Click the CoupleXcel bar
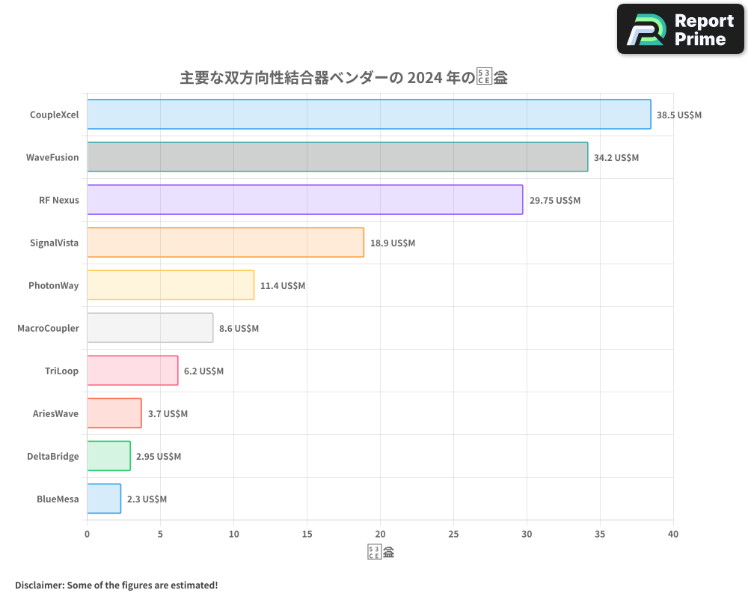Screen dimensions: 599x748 [369, 115]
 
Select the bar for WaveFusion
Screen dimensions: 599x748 [337, 157]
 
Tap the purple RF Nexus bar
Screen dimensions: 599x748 [305, 200]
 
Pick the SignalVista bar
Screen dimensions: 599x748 [225, 243]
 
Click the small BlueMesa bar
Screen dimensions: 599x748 [104, 499]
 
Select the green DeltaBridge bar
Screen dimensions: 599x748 [108, 456]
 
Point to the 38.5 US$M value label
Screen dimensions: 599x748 [679, 115]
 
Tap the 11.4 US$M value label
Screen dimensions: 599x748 [283, 286]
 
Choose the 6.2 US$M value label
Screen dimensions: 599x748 [203, 371]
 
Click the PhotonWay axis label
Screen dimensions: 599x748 [53, 285]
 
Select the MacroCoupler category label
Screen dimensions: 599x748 [48, 328]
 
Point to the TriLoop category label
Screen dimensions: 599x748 [61, 371]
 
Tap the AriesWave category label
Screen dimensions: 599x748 [55, 413]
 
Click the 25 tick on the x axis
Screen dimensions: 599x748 [453, 534]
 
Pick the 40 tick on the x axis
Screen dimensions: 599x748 [673, 534]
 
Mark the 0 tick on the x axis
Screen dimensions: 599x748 [88, 534]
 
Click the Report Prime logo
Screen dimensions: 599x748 [681, 29]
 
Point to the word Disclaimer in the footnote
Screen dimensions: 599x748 [38, 585]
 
